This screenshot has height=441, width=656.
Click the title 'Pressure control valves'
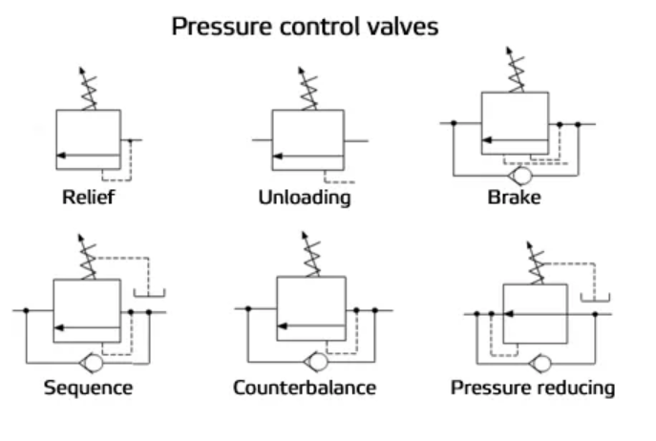[x=305, y=26]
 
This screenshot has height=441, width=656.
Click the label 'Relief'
[x=88, y=199]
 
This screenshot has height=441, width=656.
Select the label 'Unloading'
[x=304, y=199]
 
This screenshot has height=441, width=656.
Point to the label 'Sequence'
[x=88, y=388]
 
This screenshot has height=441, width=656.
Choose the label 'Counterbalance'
[x=305, y=388]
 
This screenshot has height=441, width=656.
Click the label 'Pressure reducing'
[x=533, y=388]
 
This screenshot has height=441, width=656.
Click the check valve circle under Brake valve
[x=521, y=176]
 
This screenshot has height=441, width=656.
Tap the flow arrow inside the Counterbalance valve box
[x=311, y=327]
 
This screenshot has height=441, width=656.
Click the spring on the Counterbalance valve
[x=310, y=255]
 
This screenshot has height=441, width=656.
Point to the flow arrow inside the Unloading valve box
[x=307, y=155]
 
